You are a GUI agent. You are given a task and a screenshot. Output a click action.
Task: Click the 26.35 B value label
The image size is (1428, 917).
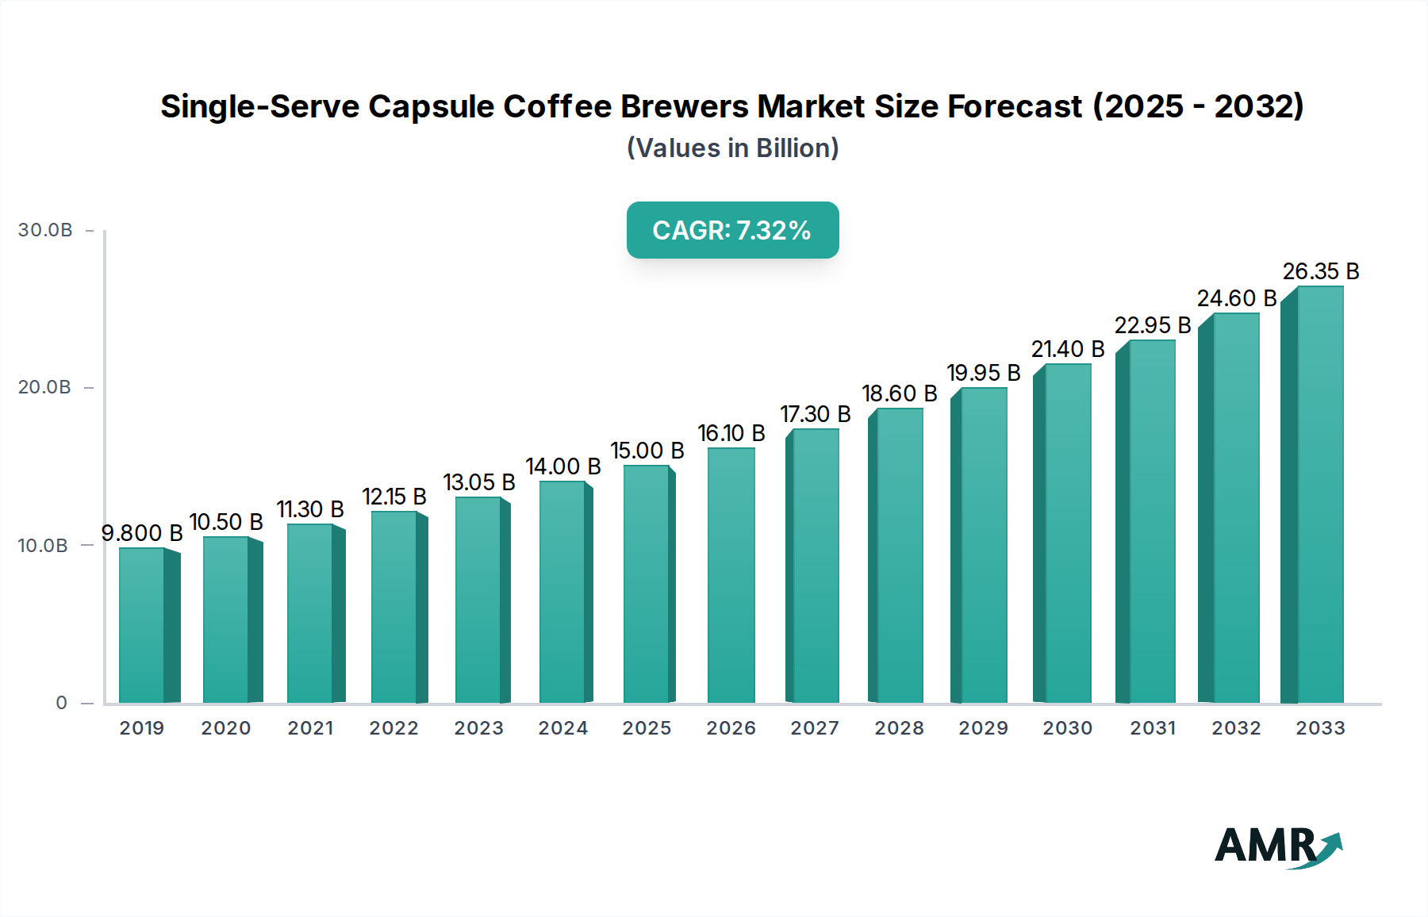1321,271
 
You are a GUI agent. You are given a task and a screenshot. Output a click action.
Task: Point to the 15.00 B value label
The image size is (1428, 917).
647,451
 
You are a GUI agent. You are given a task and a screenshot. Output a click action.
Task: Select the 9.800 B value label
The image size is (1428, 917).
142,533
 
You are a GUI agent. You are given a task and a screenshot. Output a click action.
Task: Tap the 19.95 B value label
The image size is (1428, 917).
983,373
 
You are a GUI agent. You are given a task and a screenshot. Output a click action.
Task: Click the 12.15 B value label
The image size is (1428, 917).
394,497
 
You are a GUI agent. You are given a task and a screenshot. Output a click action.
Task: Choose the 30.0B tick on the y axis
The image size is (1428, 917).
45,230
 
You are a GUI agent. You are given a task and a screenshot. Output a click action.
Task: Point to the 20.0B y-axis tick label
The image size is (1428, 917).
44,387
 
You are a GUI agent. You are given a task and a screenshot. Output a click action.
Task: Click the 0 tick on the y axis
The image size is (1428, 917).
61,703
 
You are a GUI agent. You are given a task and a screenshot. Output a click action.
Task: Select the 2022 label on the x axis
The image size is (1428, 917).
393,728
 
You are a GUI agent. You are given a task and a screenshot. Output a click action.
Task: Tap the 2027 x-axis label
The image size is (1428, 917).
815,728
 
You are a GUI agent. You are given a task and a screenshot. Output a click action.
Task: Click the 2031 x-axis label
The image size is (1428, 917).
1152,728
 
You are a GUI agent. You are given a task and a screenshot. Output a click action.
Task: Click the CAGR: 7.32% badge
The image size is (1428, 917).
732,230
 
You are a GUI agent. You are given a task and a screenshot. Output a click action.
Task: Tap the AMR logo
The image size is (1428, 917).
1277,846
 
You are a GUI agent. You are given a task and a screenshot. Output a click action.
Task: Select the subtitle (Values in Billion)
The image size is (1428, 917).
732,148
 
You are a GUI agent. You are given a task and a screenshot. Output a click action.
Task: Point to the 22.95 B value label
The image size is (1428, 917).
1152,325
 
